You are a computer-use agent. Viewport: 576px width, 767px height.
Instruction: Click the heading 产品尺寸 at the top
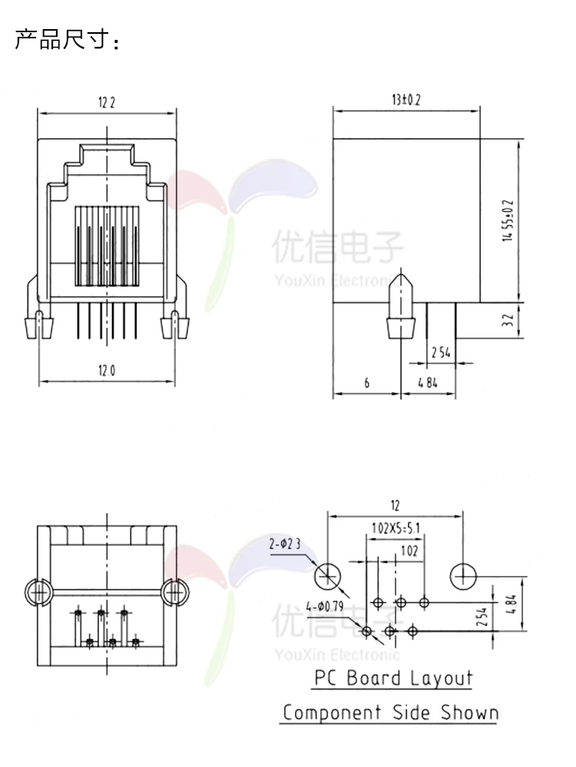[x=67, y=40]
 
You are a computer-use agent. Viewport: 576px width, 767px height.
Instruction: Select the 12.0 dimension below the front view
[x=107, y=371]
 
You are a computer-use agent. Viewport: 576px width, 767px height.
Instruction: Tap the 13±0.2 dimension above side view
[x=406, y=100]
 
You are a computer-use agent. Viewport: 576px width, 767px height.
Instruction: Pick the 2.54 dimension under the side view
[x=440, y=353]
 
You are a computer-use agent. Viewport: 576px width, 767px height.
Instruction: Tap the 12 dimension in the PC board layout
[x=395, y=505]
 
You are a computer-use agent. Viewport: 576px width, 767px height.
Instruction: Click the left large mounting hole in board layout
[x=328, y=574]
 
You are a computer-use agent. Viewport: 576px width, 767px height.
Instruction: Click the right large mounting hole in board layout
[x=464, y=574]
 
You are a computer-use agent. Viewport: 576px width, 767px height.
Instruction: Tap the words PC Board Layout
[x=393, y=678]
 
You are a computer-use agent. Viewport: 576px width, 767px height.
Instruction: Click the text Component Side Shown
[x=390, y=713]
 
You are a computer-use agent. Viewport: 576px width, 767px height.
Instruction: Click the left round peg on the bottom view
[x=38, y=592]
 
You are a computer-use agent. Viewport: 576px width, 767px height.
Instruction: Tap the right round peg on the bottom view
[x=175, y=592]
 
